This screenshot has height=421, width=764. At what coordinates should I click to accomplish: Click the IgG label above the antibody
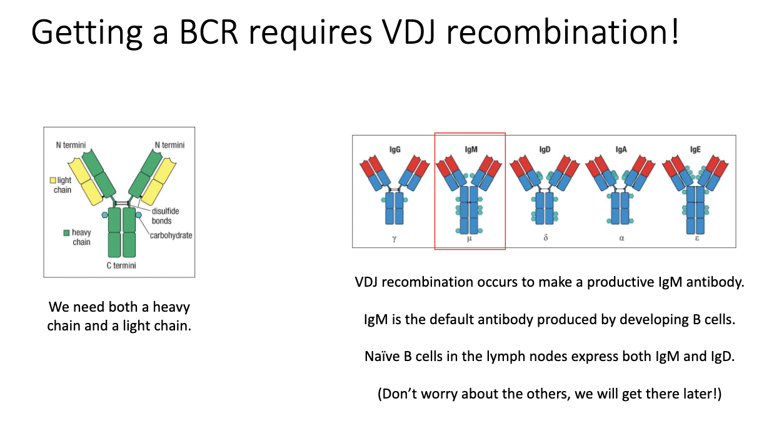(395, 150)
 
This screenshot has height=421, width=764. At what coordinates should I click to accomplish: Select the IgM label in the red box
(470, 150)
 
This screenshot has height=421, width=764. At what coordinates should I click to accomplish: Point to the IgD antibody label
(545, 150)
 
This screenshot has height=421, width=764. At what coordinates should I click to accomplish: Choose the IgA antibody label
(621, 150)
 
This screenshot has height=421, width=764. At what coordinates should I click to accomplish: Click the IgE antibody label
(696, 150)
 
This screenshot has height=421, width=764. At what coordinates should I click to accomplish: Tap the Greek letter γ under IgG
(395, 239)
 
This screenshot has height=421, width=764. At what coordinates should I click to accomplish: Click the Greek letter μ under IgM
(470, 239)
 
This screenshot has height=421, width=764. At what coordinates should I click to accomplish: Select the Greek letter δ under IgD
(545, 239)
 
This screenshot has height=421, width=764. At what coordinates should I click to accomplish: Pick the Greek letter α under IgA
(621, 239)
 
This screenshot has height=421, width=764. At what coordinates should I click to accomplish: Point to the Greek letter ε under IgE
(696, 239)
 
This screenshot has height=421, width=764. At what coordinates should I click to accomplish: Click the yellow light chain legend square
(53, 181)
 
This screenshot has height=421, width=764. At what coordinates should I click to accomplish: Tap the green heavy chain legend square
(66, 233)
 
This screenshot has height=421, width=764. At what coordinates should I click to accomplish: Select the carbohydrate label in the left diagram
(171, 235)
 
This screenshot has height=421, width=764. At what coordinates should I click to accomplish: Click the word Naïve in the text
(382, 357)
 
